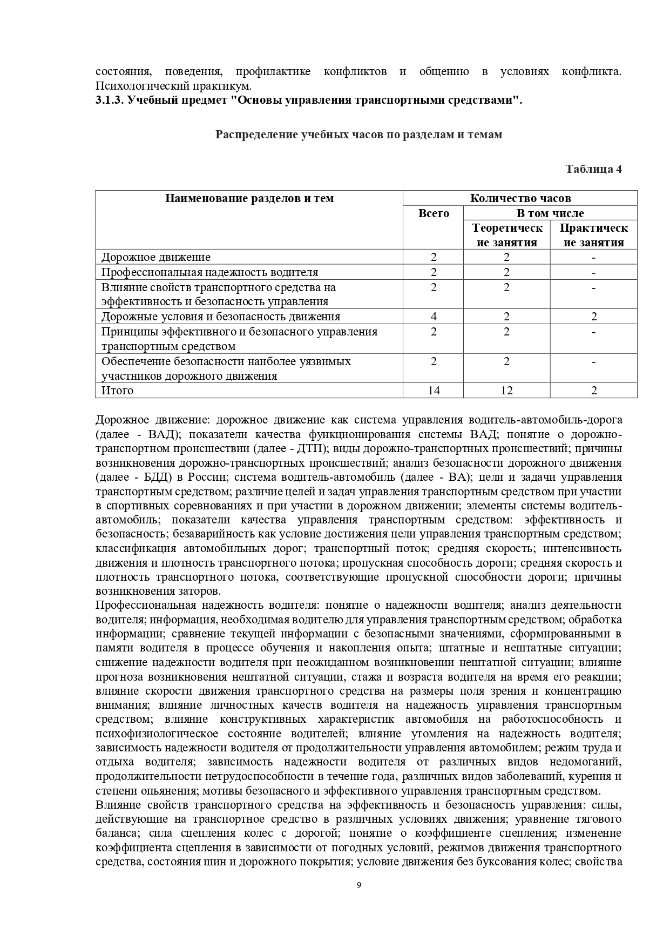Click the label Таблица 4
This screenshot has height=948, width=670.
593,169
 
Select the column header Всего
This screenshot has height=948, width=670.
434,213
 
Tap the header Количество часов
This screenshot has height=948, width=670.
520,198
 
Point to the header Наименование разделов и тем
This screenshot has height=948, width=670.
249,198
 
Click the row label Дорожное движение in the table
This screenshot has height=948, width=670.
156,257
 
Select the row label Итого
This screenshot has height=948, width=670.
117,390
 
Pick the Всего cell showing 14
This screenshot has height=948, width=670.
434,390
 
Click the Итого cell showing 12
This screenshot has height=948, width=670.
506,390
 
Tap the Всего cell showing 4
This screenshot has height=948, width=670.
434,317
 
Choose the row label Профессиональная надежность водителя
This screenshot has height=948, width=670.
209,272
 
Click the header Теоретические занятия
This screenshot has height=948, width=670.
506,235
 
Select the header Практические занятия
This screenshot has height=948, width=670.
593,235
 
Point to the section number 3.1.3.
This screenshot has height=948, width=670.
110,100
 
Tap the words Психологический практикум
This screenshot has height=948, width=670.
173,86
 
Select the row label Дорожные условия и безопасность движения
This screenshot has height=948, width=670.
221,317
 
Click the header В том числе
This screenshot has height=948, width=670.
550,213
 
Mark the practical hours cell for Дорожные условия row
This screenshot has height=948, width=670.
593,317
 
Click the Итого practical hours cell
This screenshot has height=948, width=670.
593,390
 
